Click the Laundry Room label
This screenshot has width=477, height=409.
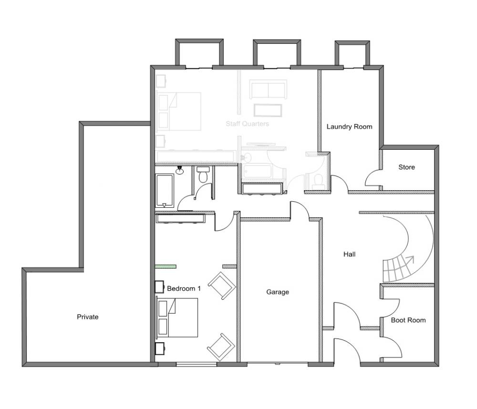(x=349, y=126)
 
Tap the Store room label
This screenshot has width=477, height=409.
(x=406, y=167)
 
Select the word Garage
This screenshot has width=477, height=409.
(x=278, y=292)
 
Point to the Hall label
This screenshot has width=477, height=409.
(x=349, y=254)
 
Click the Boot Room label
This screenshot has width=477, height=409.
(x=408, y=320)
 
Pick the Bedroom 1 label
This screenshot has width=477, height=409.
(x=184, y=288)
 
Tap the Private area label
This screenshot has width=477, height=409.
(x=88, y=317)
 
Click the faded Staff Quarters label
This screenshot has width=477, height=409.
(x=247, y=124)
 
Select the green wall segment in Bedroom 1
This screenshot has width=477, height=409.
(x=166, y=266)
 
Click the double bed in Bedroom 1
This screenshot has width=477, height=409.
(x=177, y=317)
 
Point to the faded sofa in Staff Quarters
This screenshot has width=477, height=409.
(x=268, y=89)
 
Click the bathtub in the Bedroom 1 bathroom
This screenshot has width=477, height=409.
(x=165, y=191)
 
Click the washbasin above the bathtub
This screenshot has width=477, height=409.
(x=180, y=171)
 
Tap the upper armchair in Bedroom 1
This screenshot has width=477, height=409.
(x=222, y=286)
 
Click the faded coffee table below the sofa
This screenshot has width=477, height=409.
(x=268, y=111)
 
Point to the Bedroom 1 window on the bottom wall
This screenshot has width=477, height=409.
(x=197, y=364)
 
